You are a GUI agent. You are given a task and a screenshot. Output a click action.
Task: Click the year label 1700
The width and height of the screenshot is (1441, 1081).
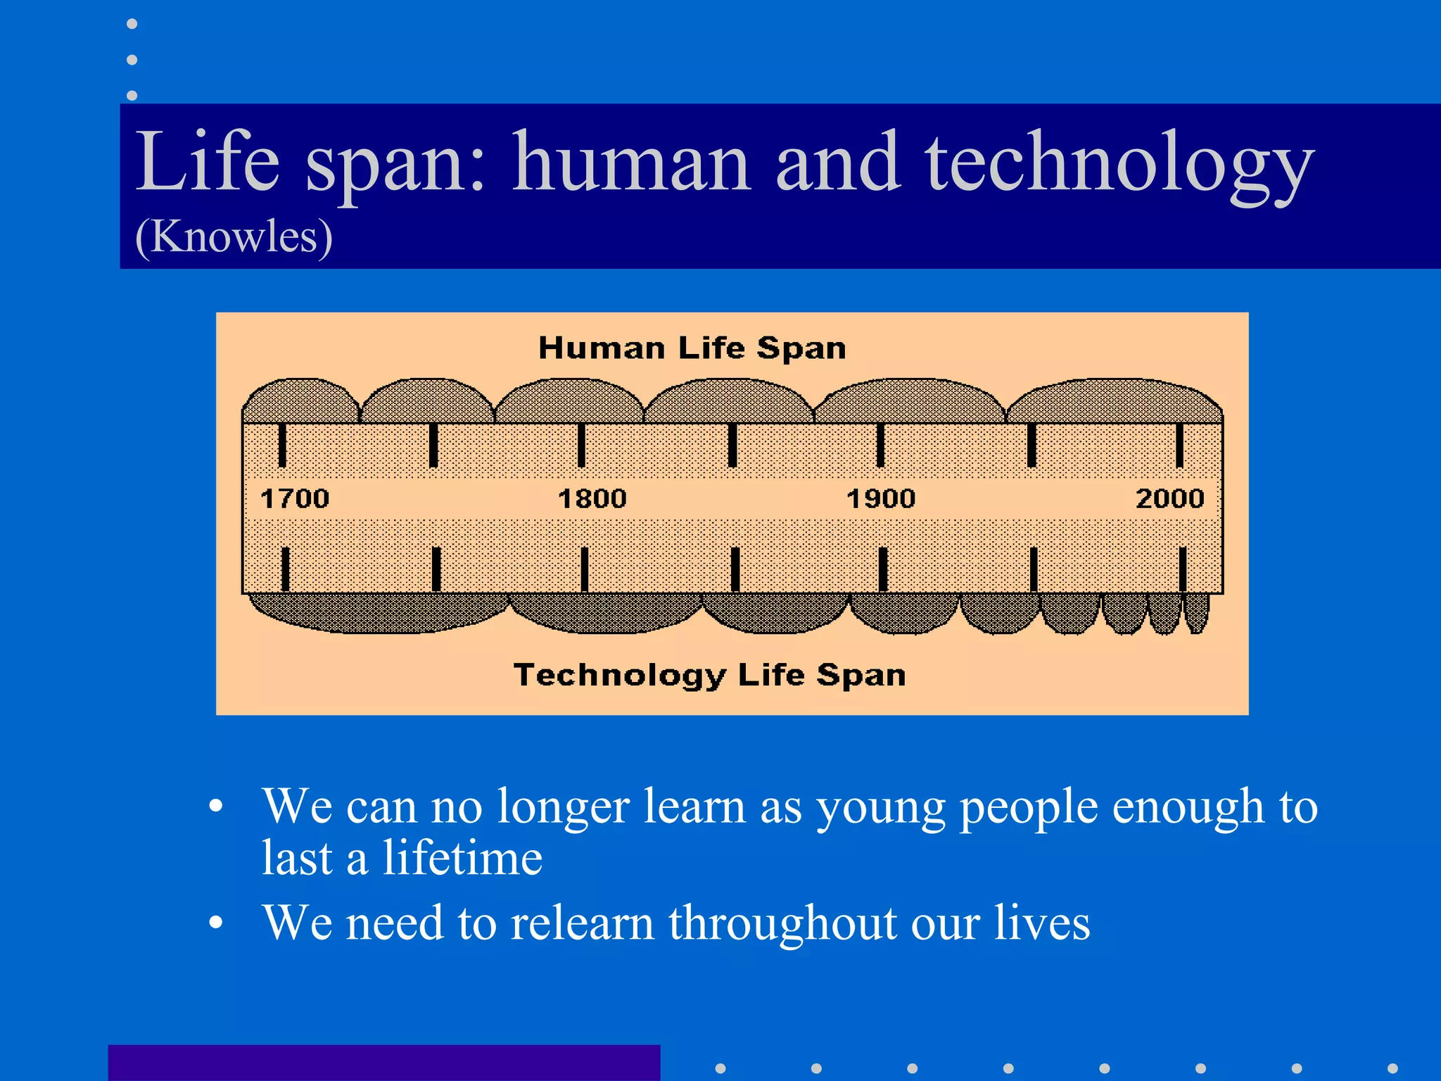coord(295,498)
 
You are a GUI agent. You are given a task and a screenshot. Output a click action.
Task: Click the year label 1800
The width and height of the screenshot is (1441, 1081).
coord(592,498)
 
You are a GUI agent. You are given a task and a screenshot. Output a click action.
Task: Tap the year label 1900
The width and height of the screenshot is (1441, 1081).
coord(881,498)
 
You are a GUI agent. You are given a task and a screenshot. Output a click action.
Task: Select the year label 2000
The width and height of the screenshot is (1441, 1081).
coord(1169,498)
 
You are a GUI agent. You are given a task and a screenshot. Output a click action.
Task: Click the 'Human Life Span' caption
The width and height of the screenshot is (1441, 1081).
coord(692,348)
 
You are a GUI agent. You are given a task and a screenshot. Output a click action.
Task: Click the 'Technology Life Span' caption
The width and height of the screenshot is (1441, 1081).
coord(709,674)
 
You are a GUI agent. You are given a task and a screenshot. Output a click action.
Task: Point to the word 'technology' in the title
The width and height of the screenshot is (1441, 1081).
coord(1119,163)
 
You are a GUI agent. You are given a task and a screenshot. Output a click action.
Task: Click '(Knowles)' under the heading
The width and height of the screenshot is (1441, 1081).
coord(234,236)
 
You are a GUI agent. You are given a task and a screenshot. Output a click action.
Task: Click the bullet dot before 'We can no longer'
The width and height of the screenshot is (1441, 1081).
coord(216,807)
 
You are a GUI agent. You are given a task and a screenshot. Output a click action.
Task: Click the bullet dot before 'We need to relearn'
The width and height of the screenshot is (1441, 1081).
coord(216,923)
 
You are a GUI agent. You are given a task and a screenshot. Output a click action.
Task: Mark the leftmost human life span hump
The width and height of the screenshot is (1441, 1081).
coord(300,403)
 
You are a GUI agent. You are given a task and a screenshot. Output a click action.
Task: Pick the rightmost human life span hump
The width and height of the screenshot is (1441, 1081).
coord(1115,403)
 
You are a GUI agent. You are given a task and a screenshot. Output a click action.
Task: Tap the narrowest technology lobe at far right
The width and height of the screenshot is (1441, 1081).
coord(1196,611)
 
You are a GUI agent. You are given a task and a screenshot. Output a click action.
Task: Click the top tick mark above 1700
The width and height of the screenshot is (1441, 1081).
coord(282,445)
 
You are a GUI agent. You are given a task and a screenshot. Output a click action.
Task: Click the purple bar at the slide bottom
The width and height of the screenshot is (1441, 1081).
coord(383,1063)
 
